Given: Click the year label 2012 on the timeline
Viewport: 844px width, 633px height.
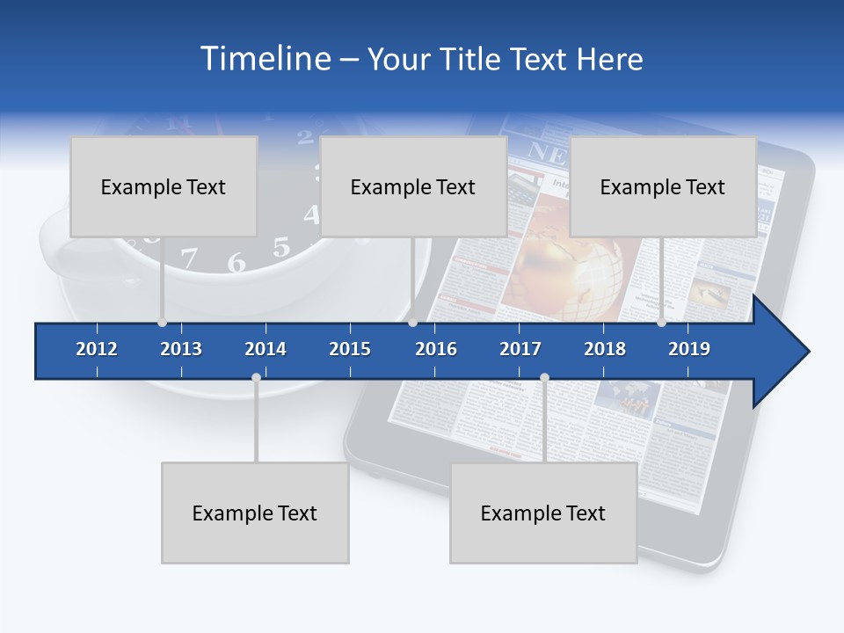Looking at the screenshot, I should [97, 349].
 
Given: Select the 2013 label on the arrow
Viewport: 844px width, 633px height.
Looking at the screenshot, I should [181, 349].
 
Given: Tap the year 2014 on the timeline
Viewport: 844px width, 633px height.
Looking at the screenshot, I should [266, 349].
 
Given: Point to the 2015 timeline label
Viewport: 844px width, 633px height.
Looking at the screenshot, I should [350, 349].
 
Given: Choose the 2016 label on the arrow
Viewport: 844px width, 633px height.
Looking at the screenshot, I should [436, 349].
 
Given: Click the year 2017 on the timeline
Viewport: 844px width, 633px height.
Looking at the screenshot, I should [520, 349].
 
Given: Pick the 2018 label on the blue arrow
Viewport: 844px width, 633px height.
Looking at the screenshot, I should [605, 349].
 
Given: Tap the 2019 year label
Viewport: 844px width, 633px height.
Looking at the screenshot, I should [689, 349].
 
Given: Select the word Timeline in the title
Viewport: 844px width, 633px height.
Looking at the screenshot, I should [264, 59].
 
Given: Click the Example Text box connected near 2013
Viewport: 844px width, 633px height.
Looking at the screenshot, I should [164, 186].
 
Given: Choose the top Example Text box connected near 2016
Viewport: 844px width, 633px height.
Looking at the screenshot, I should [413, 186].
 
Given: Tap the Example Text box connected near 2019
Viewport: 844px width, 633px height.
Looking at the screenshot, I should [663, 186].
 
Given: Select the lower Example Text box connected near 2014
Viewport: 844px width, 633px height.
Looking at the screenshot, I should [255, 513].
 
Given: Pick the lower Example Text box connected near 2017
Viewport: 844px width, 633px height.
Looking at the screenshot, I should [543, 513].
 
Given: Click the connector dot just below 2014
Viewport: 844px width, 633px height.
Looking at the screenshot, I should [256, 378].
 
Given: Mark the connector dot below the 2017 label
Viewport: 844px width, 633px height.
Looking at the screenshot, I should [544, 378].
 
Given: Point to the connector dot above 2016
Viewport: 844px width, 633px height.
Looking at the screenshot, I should [412, 323].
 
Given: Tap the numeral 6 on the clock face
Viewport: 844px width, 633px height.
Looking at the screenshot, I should [236, 263].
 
